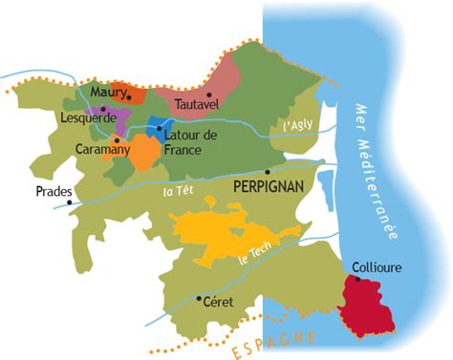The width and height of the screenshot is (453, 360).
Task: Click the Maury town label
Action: (x=111, y=92)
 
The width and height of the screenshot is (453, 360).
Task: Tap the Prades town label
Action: (x=54, y=192)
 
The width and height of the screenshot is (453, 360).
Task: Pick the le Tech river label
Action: (x=253, y=255)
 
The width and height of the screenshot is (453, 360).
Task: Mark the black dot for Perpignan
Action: (x=268, y=171)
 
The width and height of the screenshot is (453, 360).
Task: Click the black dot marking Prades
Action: (x=69, y=202)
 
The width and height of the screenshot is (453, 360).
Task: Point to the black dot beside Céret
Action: (x=198, y=299)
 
